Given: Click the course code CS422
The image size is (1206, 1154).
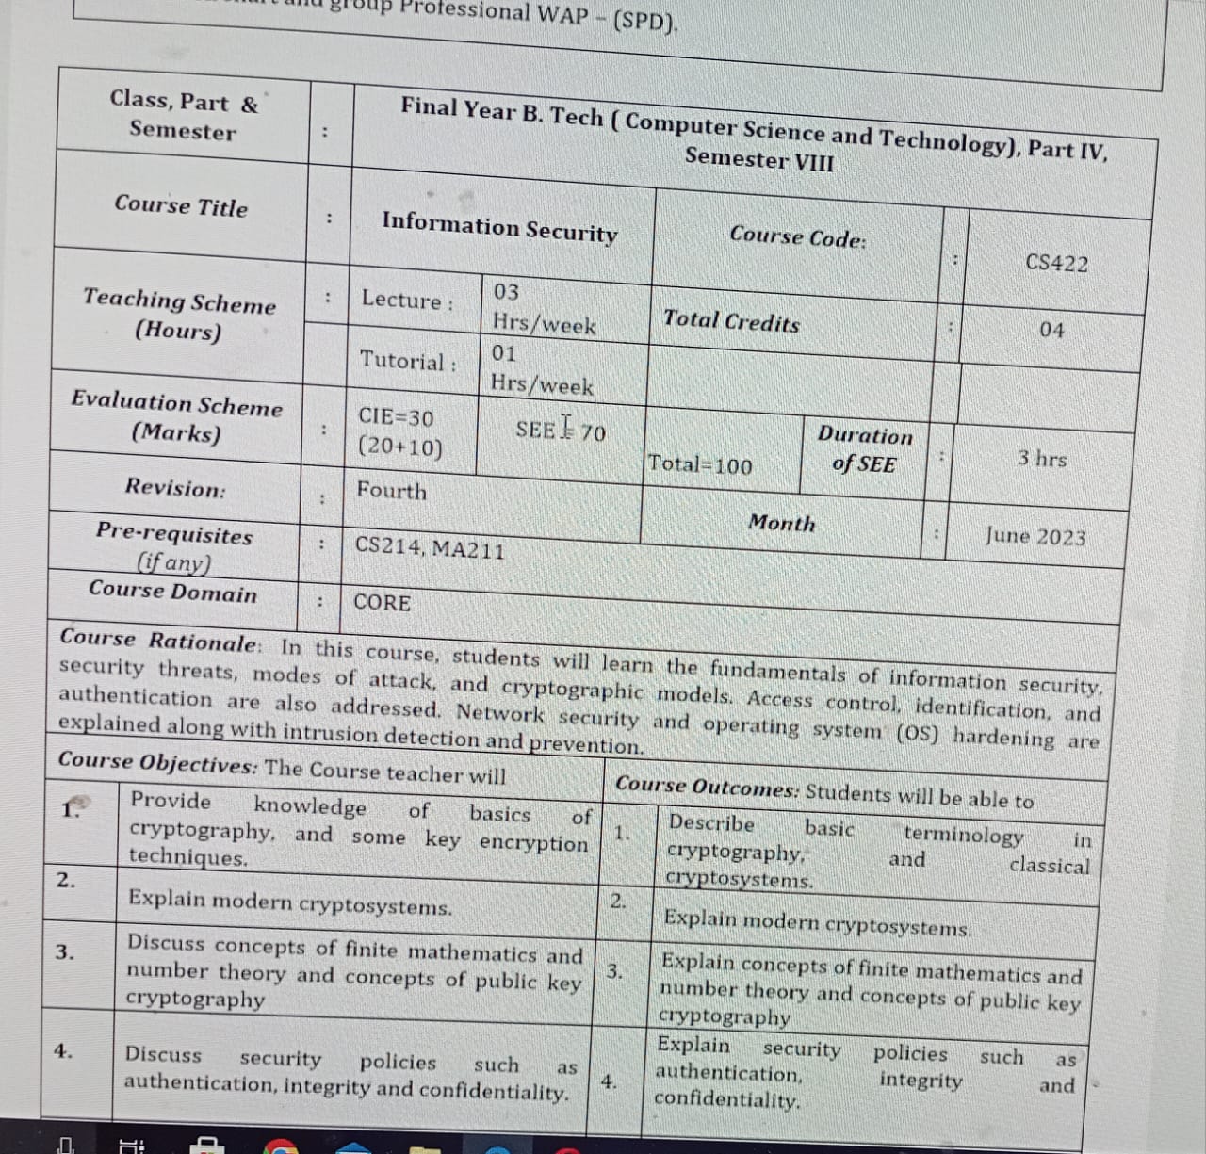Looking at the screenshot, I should tap(1056, 263).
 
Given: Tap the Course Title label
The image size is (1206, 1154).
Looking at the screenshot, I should tap(181, 205).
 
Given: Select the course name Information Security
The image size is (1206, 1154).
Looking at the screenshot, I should tap(499, 227).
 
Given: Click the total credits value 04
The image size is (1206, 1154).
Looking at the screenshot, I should tap(1051, 330).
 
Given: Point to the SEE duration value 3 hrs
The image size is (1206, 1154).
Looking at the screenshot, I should tap(1042, 459).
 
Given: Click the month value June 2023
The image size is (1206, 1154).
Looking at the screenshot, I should tap(1035, 536).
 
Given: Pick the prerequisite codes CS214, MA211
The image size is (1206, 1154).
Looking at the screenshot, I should tap(430, 547).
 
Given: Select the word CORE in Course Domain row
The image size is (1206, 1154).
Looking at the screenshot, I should tap(382, 602).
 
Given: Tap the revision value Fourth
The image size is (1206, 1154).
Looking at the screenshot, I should tap(391, 491).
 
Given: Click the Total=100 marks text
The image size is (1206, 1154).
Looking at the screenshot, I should tap(700, 464).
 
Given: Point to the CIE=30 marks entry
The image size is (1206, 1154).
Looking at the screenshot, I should tap(397, 416).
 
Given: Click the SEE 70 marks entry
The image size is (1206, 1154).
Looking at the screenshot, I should tap(561, 431).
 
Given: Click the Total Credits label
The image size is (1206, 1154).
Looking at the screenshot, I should tap(731, 321).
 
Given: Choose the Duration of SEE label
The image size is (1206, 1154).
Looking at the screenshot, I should tap(864, 449).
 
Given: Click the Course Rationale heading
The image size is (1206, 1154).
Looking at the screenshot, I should tap(158, 641).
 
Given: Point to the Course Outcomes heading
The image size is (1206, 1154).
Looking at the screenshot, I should tap(707, 787).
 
